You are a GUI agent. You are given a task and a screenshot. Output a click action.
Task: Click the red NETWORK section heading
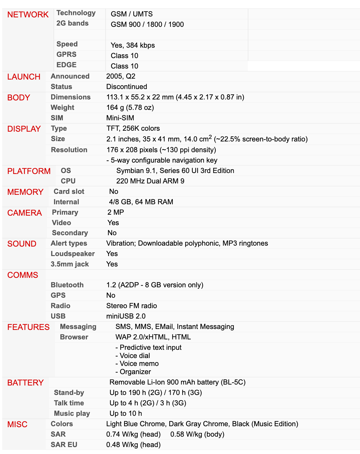tap(28, 15)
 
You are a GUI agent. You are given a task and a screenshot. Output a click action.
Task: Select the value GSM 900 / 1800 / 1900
tap(147, 24)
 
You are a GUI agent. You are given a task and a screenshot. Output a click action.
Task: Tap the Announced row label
tap(70, 76)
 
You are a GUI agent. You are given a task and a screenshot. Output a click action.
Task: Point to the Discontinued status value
tap(127, 87)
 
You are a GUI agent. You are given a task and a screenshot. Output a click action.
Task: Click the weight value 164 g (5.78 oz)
tap(130, 107)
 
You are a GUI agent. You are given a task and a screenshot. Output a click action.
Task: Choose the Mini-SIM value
tap(120, 118)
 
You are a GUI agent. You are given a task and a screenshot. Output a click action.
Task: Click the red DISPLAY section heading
tap(24, 129)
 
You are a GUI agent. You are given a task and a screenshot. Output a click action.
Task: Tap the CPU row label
tap(68, 181)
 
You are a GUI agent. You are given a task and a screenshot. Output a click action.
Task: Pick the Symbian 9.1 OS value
tap(175, 170)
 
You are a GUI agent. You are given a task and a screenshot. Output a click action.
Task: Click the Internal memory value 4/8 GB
tap(141, 202)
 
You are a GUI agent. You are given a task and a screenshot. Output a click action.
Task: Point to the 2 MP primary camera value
tap(116, 212)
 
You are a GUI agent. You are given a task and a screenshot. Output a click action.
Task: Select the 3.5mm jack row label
tap(69, 264)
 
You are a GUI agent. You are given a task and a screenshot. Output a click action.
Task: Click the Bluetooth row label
tap(67, 285)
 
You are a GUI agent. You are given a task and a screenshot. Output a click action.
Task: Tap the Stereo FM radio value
tap(131, 306)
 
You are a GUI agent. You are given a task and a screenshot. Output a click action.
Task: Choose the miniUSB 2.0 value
tap(126, 316)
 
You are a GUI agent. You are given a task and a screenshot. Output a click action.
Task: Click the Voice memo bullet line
tap(137, 363)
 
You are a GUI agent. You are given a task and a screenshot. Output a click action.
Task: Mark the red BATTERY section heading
tap(25, 383)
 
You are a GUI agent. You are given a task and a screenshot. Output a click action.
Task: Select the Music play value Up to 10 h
tap(126, 413)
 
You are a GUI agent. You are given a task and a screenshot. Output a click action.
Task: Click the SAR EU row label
tap(64, 445)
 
